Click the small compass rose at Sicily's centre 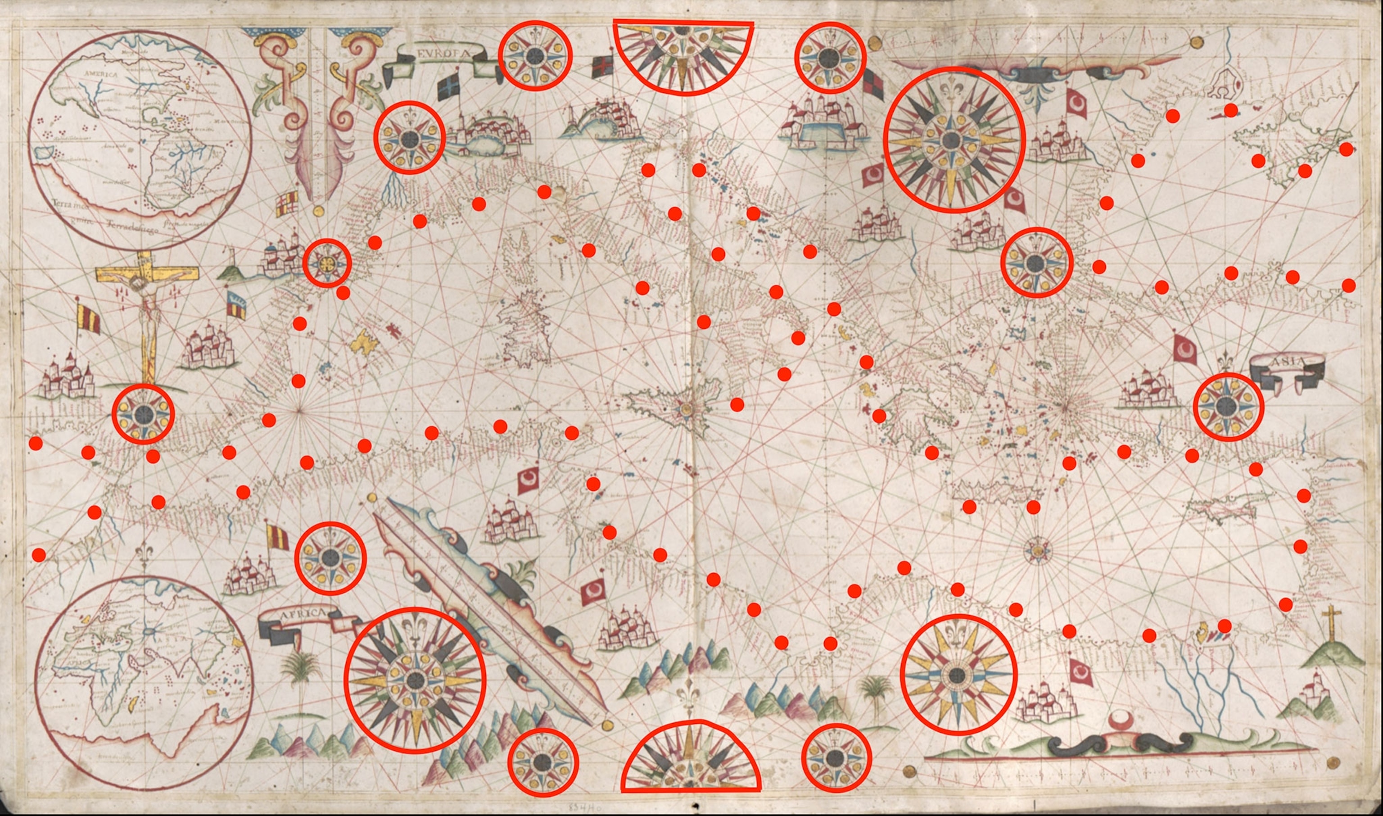tap(686, 408)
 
